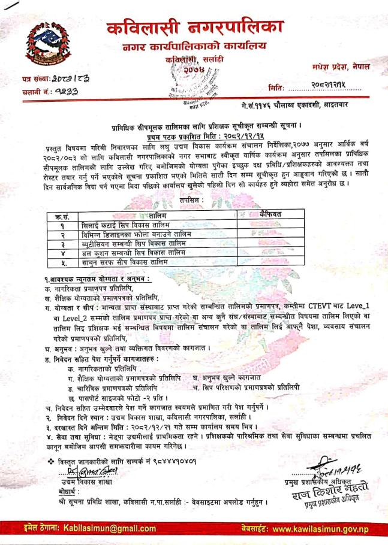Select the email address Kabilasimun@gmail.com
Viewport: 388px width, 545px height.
click(100, 528)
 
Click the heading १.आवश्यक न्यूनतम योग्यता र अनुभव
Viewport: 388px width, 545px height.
click(98, 280)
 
